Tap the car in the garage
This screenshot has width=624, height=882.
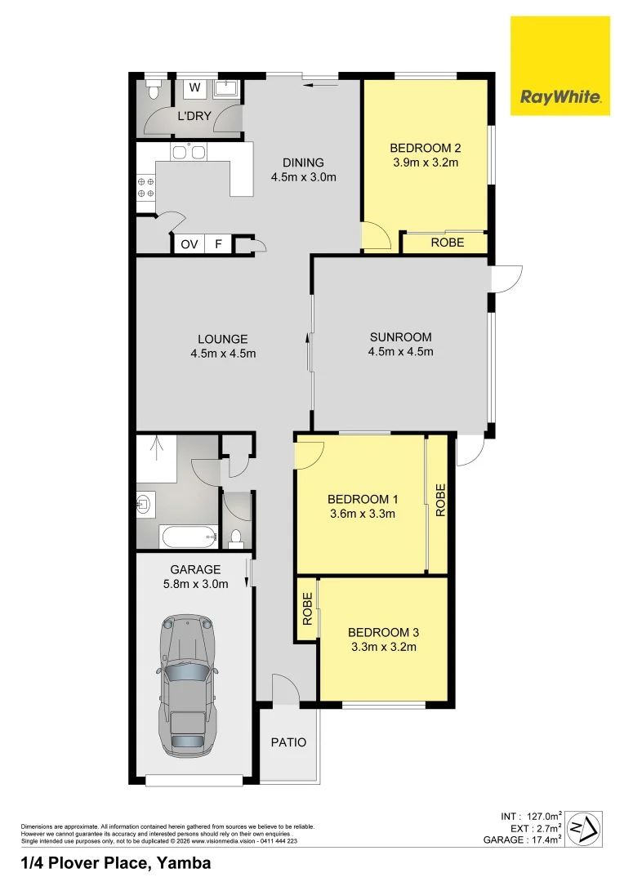point(188,684)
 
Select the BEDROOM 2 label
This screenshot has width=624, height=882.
point(426,148)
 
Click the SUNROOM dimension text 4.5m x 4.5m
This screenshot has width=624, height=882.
point(400,352)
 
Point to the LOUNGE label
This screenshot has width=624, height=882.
point(222,339)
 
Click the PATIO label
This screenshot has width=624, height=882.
point(288,742)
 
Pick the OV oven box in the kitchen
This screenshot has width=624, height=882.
point(189,243)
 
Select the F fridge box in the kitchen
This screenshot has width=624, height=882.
point(218,243)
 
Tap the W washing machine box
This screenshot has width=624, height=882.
point(195,87)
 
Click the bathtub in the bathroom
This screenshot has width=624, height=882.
point(188,537)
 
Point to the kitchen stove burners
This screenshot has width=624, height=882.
point(146,187)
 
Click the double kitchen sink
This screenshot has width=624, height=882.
point(189,152)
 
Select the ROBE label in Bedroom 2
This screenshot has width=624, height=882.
point(447,243)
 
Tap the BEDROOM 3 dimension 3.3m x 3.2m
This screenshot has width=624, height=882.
point(383,648)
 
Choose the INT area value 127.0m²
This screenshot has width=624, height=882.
point(543,816)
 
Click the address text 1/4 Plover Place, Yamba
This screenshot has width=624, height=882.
point(115,863)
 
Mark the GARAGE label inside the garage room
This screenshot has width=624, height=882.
point(195,569)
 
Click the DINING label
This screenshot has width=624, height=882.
point(303,162)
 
